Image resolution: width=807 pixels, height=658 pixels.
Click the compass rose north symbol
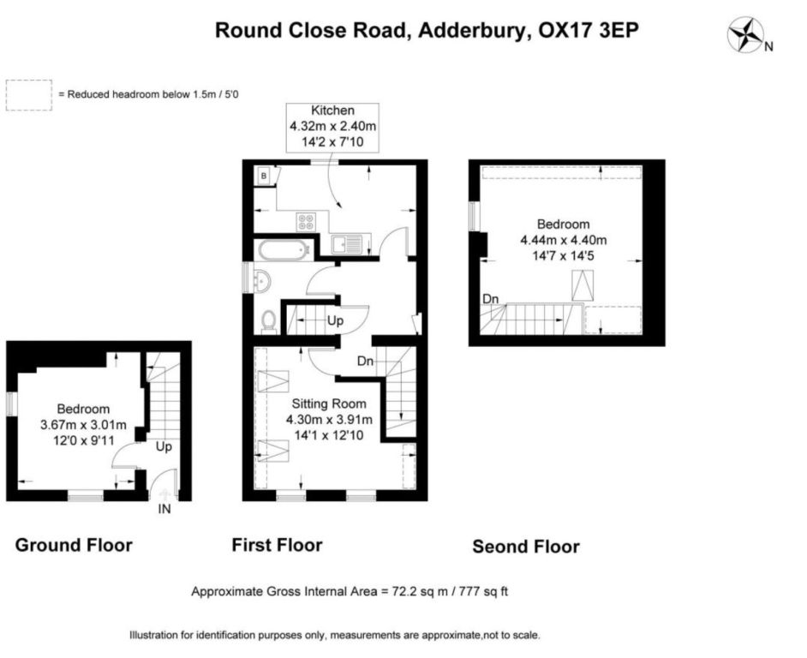(745, 34)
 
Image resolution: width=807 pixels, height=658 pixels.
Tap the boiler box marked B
(264, 176)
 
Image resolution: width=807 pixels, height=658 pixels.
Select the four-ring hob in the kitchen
(306, 221)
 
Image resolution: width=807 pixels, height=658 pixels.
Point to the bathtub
(284, 250)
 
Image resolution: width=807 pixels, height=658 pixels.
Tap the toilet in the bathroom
(268, 321)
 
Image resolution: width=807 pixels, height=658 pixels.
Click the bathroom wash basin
(262, 281)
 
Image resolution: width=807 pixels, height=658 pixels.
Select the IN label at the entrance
(164, 509)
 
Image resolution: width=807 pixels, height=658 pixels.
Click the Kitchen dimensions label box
(332, 128)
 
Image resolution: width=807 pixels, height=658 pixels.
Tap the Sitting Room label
(329, 404)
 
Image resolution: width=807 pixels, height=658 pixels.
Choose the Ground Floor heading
(74, 545)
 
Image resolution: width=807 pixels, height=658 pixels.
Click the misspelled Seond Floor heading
(526, 547)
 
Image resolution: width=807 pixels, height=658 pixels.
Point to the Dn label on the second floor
(491, 299)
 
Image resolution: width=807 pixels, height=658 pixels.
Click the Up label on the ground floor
(164, 446)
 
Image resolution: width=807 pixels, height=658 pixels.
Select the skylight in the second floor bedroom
(583, 285)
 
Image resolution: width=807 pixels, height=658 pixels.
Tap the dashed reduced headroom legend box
(29, 95)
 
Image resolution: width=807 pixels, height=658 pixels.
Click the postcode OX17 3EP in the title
(589, 30)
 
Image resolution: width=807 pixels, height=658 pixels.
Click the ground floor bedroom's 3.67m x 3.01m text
(83, 425)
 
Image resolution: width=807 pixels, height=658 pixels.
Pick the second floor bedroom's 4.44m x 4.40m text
(564, 240)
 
